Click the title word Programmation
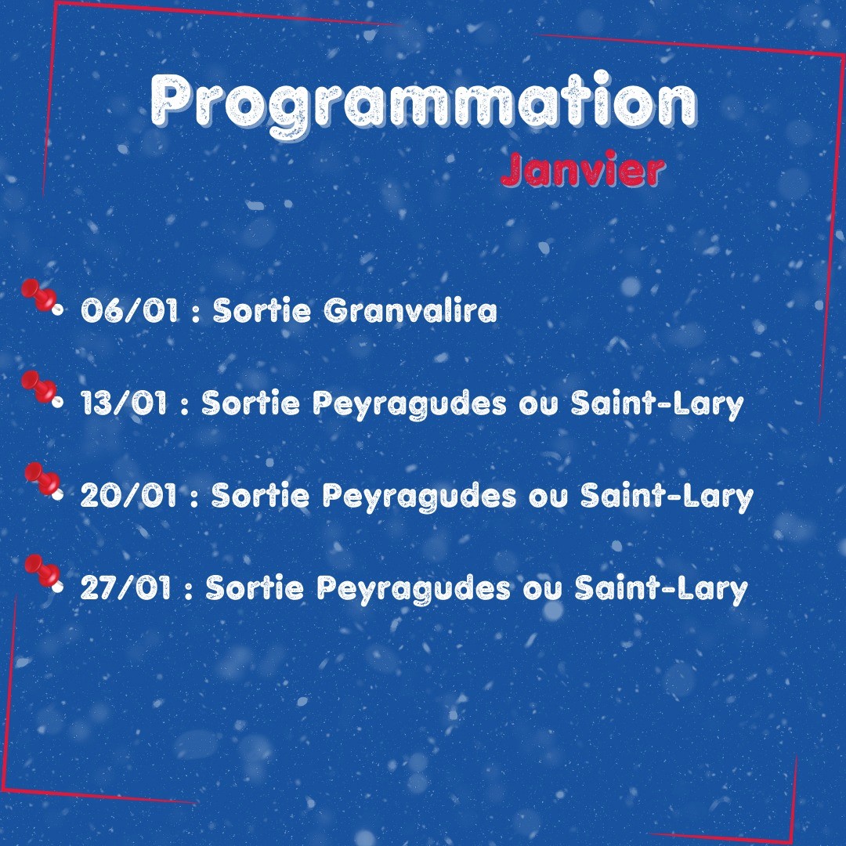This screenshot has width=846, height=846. tap(424, 103)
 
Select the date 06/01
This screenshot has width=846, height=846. tap(129, 311)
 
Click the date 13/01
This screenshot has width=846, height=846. tap(124, 403)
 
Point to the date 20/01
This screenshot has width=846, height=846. tap(129, 495)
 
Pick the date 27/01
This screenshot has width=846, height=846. tap(125, 587)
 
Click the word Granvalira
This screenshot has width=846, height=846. tap(410, 311)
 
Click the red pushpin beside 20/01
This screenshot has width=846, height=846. tap(44, 480)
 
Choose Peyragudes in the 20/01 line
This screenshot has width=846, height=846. tap(419, 497)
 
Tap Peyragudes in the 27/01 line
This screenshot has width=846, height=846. tap(414, 589)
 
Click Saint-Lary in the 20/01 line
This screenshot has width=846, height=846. tap(667, 497)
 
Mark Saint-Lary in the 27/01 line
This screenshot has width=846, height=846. tap(661, 589)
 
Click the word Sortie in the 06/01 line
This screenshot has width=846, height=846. tap(262, 311)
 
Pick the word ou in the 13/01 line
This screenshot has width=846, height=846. tap(539, 407)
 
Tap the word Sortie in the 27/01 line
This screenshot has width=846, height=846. tap(255, 587)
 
